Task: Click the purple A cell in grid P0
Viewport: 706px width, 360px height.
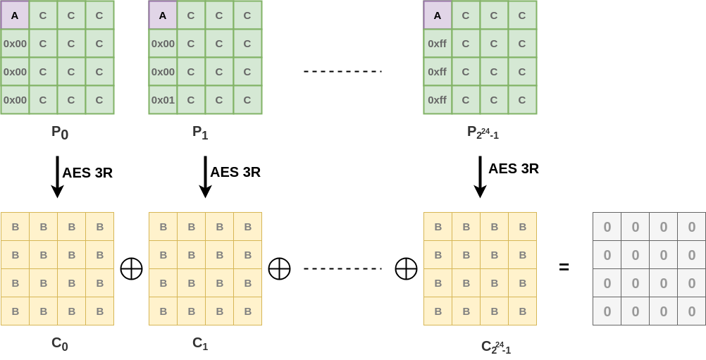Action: pos(15,15)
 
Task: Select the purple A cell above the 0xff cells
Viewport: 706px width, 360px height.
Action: pos(438,15)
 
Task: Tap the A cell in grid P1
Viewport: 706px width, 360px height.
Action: pos(163,15)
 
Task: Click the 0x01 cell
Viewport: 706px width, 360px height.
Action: pos(163,100)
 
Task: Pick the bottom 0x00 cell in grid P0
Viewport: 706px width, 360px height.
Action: pos(15,100)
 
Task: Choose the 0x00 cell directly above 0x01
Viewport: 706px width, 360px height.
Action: pos(163,72)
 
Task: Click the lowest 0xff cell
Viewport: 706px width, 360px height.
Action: pos(438,100)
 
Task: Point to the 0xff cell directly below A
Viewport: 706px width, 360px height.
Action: pos(438,44)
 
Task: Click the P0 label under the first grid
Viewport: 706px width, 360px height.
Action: pos(60,132)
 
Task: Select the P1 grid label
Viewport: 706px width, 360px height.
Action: pos(201,132)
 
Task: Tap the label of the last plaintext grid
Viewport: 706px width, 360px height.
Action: pos(483,132)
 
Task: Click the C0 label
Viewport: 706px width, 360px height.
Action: pos(60,345)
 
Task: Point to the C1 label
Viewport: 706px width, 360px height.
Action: pos(201,345)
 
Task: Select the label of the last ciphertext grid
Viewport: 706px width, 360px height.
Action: pos(496,347)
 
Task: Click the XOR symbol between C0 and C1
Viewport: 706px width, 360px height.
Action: pos(132,269)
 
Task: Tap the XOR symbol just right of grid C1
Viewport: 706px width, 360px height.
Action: pos(280,269)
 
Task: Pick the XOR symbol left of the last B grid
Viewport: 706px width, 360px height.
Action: pos(406,269)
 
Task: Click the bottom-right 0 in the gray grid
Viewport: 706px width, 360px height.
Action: pos(691,311)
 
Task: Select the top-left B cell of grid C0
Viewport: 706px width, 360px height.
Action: pos(15,227)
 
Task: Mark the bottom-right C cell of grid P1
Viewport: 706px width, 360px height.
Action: pos(247,100)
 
